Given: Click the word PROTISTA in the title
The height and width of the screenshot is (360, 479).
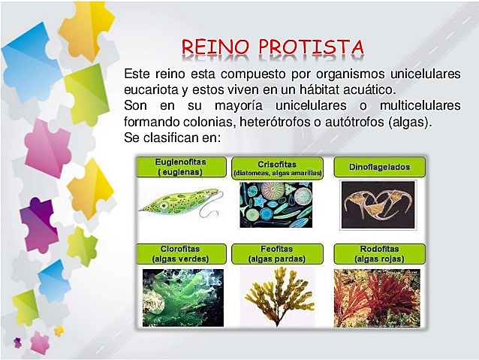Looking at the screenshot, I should coord(312,47).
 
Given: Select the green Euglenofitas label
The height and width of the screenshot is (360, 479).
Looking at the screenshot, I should coord(180,167).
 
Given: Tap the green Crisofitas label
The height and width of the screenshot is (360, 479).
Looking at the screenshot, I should coord(278,167).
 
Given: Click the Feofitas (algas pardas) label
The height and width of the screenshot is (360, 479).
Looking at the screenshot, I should coord(278,254).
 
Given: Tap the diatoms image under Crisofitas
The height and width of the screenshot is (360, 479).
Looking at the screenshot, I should coord(276,204).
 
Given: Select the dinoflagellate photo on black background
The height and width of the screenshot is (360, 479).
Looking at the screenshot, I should coord(378,204).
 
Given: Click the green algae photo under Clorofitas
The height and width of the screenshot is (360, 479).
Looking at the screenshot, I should coord(183,297).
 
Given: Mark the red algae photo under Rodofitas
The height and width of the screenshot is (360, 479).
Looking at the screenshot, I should coord(377,297).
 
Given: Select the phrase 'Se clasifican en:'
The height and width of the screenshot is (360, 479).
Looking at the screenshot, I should coord(172,138).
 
